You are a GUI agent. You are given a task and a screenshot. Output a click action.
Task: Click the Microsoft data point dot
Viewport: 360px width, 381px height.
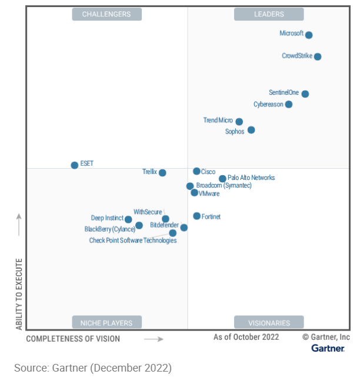pyautogui.click(x=309, y=35)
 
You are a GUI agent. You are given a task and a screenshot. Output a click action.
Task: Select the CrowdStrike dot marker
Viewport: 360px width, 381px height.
pyautogui.click(x=318, y=56)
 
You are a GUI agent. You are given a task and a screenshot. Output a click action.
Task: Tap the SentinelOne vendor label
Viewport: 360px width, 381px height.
pyautogui.click(x=284, y=93)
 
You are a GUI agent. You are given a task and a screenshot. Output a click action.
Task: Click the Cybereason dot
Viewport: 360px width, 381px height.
pyautogui.click(x=289, y=104)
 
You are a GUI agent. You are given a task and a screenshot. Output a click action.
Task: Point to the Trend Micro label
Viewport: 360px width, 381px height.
pyautogui.click(x=218, y=121)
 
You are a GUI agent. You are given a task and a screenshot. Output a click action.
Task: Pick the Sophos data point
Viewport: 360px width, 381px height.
pyautogui.click(x=251, y=130)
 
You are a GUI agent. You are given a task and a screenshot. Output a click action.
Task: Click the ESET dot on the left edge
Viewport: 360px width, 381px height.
pyautogui.click(x=75, y=165)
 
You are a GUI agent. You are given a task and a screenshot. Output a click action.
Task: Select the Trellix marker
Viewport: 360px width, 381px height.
pyautogui.click(x=162, y=173)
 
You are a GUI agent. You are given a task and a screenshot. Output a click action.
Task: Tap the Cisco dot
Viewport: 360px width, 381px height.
pyautogui.click(x=196, y=171)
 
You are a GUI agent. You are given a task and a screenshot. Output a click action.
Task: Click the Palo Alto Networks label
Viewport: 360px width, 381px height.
pyautogui.click(x=251, y=178)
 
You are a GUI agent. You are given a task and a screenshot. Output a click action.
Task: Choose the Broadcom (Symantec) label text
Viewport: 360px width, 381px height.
pyautogui.click(x=224, y=186)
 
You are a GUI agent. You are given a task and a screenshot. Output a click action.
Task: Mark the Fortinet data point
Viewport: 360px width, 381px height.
pyautogui.click(x=196, y=216)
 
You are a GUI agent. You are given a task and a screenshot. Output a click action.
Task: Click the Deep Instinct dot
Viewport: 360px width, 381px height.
pyautogui.click(x=128, y=220)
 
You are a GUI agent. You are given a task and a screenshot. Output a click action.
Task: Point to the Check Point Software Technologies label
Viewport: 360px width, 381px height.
pyautogui.click(x=132, y=240)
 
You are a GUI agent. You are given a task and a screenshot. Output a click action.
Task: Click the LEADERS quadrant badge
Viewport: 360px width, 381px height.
pyautogui.click(x=269, y=14)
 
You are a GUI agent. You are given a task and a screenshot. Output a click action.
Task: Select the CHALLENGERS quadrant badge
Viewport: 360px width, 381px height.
pyautogui.click(x=106, y=14)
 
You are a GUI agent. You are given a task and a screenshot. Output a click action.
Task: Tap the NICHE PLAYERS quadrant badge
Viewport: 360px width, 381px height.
pyautogui.click(x=106, y=322)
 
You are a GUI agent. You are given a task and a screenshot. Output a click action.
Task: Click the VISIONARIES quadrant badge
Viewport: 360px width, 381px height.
pyautogui.click(x=269, y=322)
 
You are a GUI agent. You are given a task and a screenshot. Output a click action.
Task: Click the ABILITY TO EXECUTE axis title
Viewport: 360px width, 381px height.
pyautogui.click(x=19, y=293)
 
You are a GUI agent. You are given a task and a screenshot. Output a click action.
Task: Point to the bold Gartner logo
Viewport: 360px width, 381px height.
pyautogui.click(x=328, y=349)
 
